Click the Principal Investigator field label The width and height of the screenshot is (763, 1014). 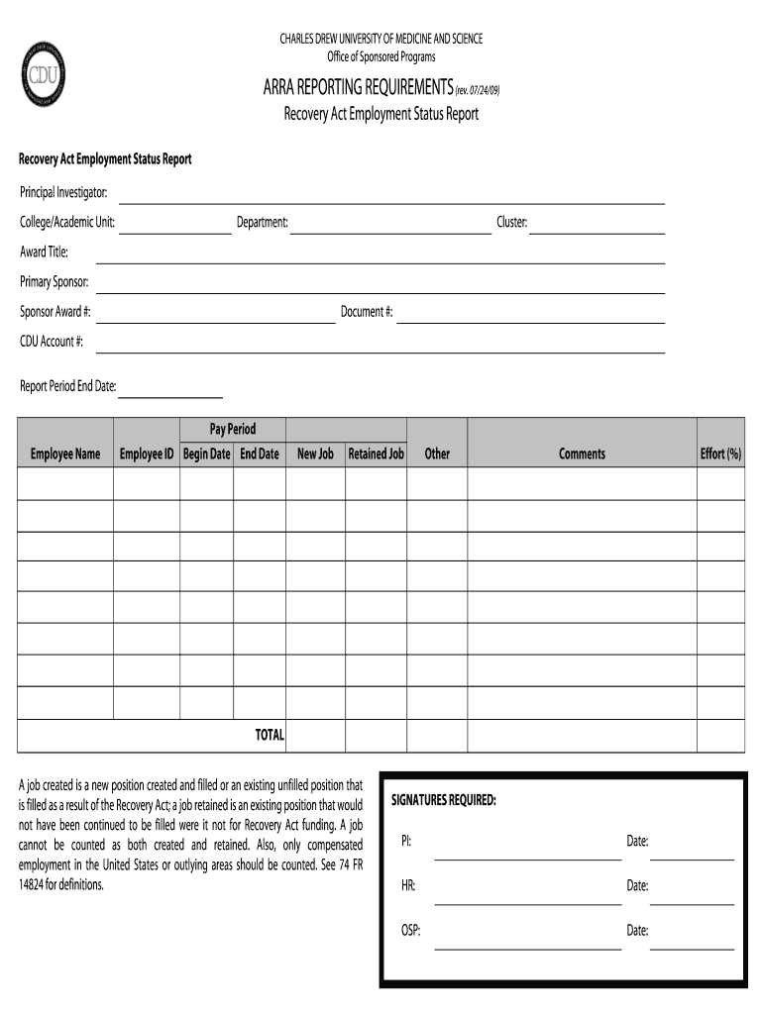[x=63, y=192]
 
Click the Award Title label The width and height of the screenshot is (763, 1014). [x=44, y=253]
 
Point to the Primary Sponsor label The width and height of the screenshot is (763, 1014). [x=54, y=282]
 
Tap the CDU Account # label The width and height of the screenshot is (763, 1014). [x=52, y=343]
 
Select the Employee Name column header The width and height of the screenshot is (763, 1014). [x=65, y=455]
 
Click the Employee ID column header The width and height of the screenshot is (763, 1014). [x=147, y=455]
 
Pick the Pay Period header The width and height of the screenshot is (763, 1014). [x=233, y=430]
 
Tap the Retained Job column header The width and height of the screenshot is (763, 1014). [x=376, y=455]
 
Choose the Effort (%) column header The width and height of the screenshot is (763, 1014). [x=720, y=455]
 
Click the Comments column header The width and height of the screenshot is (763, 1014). [x=582, y=455]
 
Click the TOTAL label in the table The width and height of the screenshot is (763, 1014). [x=270, y=736]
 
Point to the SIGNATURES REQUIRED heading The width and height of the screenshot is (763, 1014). [x=444, y=800]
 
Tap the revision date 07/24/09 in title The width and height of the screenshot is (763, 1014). [x=478, y=90]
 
